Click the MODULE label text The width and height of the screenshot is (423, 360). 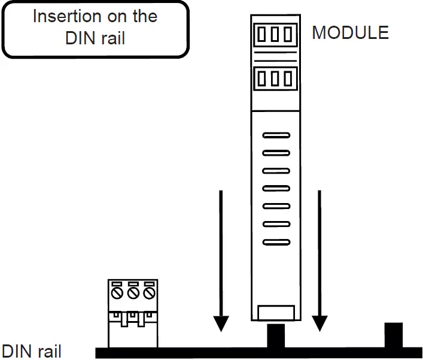(x=350, y=32)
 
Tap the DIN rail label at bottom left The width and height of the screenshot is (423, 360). (x=32, y=351)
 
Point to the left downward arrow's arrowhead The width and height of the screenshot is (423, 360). (x=221, y=323)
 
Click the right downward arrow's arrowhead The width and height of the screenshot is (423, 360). (x=321, y=323)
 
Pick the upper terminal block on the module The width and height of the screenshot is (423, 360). (x=275, y=35)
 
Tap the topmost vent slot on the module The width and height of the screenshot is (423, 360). (x=276, y=136)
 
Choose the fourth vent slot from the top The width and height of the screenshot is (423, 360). (x=276, y=189)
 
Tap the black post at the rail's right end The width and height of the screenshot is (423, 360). (x=393, y=334)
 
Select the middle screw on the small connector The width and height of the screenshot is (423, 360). (x=133, y=294)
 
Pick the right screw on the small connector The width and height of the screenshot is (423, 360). (x=147, y=294)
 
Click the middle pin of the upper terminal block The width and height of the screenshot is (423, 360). (x=275, y=35)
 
